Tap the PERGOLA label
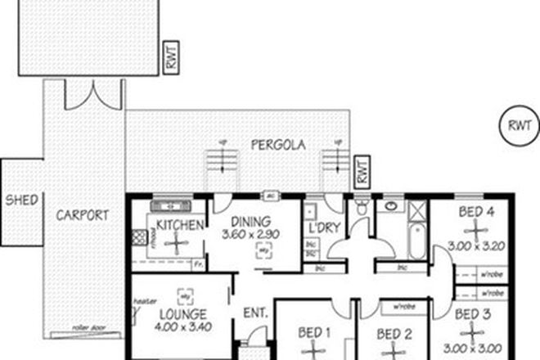(278, 145)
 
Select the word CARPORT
(83, 216)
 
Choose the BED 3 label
(472, 314)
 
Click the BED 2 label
(394, 334)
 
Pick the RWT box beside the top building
(170, 58)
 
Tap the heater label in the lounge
(145, 300)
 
